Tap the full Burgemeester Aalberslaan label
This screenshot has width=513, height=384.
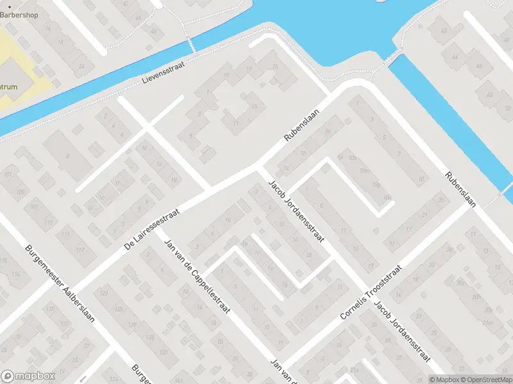[x=59, y=284]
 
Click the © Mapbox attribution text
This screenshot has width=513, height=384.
[x=444, y=380]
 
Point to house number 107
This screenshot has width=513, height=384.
[x=34, y=207]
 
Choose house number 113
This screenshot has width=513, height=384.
[x=65, y=235]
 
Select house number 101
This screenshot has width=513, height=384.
[x=8, y=174]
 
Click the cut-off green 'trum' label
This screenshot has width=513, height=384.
[x=9, y=87]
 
